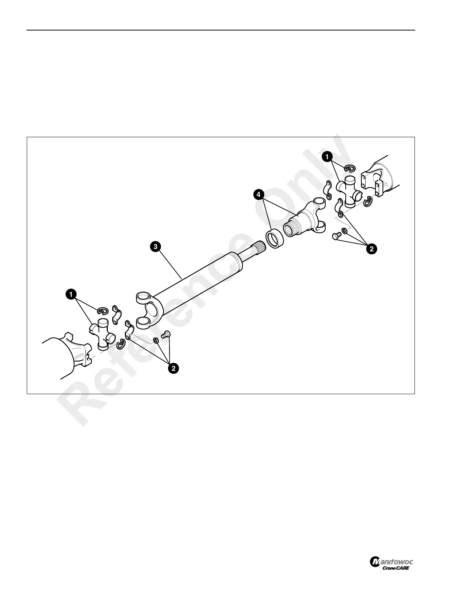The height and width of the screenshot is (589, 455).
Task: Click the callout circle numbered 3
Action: (155, 247)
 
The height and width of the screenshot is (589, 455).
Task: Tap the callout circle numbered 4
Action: (259, 194)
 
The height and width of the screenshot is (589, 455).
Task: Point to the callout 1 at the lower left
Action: (70, 294)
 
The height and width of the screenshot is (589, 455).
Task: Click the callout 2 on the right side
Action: (371, 249)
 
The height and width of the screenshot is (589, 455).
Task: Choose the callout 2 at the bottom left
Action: (173, 368)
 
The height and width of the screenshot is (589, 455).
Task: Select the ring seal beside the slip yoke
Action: (275, 240)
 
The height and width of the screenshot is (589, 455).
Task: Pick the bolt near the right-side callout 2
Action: (336, 236)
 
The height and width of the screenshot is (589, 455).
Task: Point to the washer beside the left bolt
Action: (156, 340)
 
